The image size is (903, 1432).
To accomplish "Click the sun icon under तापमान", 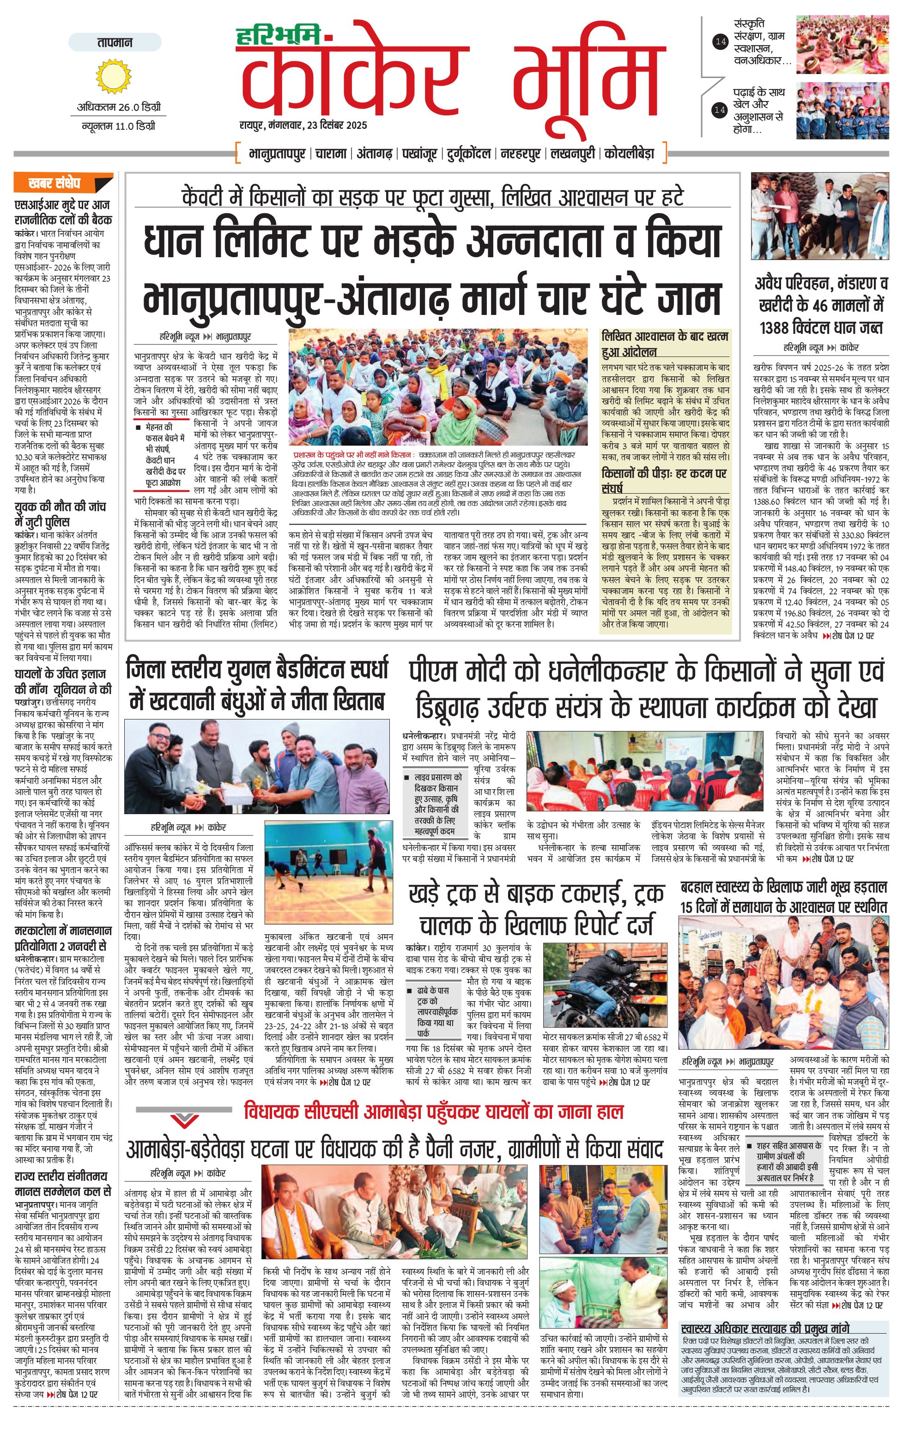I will click(x=114, y=77).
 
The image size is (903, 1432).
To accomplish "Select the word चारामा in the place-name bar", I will click(x=331, y=153).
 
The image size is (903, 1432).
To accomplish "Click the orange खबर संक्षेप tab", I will click(x=62, y=182).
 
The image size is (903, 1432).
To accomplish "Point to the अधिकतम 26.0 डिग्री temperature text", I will click(x=118, y=108).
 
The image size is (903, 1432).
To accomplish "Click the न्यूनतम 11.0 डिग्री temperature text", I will click(x=118, y=126).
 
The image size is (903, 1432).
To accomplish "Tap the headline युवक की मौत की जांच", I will click(x=60, y=507).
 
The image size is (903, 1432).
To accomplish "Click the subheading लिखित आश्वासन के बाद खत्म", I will click(x=665, y=337).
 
